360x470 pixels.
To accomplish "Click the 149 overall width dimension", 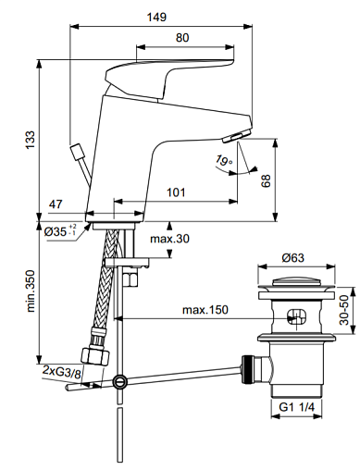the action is (156, 17).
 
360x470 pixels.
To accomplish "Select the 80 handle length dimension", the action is (182, 38).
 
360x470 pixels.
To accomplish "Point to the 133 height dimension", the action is (31, 141).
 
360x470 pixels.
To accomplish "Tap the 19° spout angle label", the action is (224, 160).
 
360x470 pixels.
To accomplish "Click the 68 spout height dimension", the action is (266, 180).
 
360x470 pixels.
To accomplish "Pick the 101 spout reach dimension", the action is (176, 192).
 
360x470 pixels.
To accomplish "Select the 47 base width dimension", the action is (56, 204).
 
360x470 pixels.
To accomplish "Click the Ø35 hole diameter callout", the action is (60, 231).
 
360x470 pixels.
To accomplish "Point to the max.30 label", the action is (169, 239).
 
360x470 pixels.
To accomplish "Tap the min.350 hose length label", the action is (31, 291).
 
